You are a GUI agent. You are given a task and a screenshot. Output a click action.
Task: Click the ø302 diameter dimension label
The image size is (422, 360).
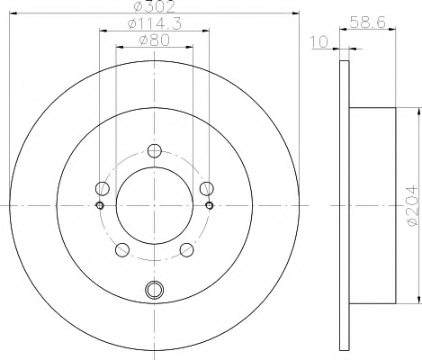coord(155,6)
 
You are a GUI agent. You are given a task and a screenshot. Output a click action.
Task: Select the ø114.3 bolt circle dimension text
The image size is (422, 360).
coord(155,23)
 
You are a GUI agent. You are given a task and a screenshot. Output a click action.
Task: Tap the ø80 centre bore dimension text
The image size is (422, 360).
coord(155,40)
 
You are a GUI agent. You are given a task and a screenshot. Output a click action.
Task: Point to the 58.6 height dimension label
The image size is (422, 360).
coord(368,22)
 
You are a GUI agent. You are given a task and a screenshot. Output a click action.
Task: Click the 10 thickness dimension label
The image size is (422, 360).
coord(319,41)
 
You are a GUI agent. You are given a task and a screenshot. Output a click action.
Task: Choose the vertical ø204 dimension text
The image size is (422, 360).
coord(411,205)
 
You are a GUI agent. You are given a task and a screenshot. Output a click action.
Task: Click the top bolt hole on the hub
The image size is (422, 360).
coord(155,150)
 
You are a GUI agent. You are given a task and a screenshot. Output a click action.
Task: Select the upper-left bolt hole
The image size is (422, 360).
coord(103,188)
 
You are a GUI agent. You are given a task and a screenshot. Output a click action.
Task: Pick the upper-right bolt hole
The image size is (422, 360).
coord(207,188)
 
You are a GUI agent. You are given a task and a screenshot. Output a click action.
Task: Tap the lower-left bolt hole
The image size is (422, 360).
coord(122,250)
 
